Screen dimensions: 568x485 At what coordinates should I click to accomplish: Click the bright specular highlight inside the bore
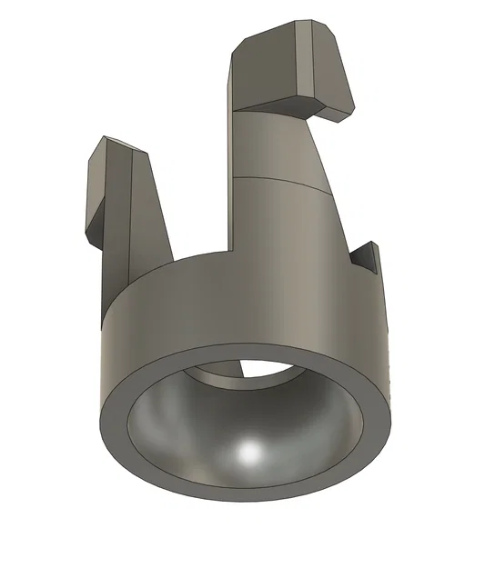point(248,453)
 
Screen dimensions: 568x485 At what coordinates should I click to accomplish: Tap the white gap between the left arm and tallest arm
point(196,182)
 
